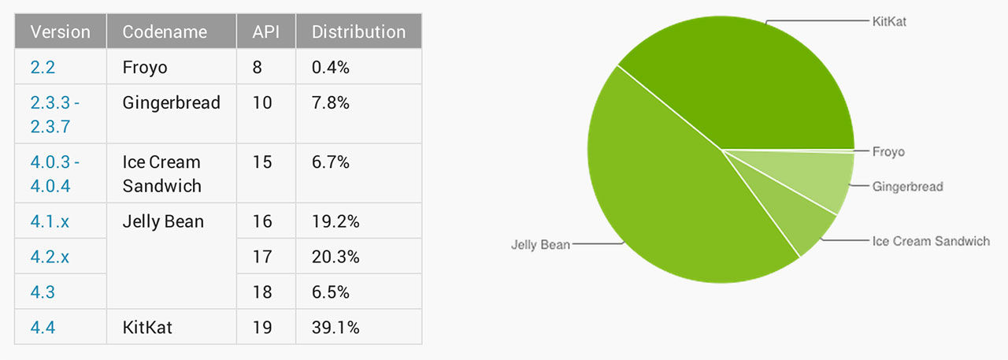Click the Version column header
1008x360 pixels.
pyautogui.click(x=60, y=32)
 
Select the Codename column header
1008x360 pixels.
pyautogui.click(x=165, y=32)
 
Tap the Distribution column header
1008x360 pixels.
pyautogui.click(x=358, y=32)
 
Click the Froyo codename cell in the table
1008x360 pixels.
pyautogui.click(x=145, y=67)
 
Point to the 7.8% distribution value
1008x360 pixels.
pyautogui.click(x=331, y=102)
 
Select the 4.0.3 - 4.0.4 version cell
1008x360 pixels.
pyautogui.click(x=54, y=173)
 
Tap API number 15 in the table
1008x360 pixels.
pyautogui.click(x=262, y=162)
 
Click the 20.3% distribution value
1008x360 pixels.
pyautogui.click(x=335, y=257)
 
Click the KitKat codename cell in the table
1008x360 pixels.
pyautogui.click(x=147, y=327)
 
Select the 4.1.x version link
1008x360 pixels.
pyautogui.click(x=50, y=222)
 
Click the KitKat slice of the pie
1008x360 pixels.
pyautogui.click(x=748, y=79)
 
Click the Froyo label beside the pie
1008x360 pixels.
pyautogui.click(x=888, y=151)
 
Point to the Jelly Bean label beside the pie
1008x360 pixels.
pyautogui.click(x=539, y=244)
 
